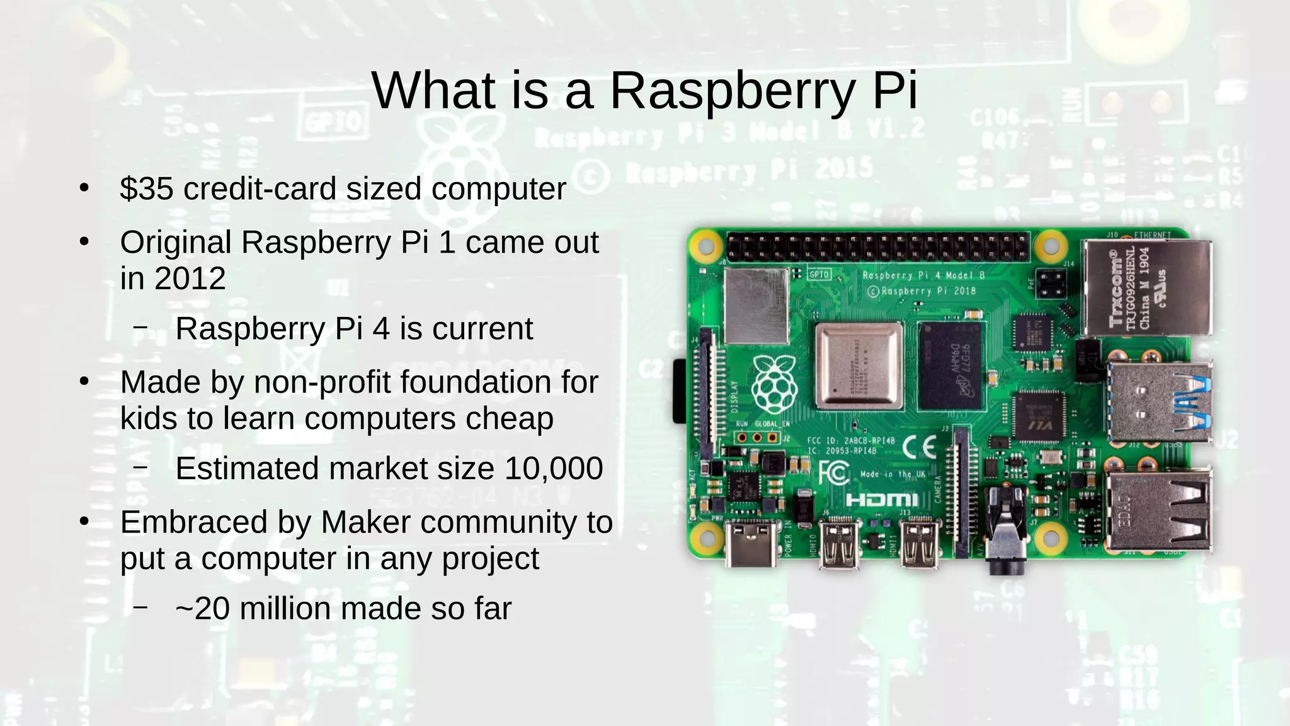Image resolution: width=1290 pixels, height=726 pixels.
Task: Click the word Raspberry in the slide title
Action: point(731,91)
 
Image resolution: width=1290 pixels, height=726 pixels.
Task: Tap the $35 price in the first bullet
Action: point(146,188)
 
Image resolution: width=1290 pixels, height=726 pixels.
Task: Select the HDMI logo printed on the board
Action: point(882,500)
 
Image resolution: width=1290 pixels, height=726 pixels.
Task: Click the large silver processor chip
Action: point(859,366)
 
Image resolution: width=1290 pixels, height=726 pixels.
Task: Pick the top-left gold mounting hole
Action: point(706,245)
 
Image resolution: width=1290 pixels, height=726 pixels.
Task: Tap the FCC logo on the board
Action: point(833,471)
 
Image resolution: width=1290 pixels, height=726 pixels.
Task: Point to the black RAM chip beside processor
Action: point(949,366)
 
